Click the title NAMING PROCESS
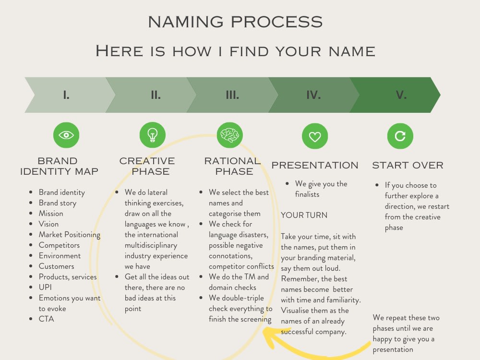point(235,22)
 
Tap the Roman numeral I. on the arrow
point(66,95)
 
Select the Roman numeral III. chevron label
point(232,95)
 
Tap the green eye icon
point(66,135)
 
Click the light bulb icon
point(152,135)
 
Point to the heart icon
point(315,136)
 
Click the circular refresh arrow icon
point(400,136)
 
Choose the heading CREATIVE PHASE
point(147,166)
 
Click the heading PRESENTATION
point(315,165)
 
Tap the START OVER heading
point(408,165)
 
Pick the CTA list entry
point(47,319)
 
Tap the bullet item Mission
point(51,213)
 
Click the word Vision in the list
point(48,224)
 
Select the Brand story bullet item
point(58,203)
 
